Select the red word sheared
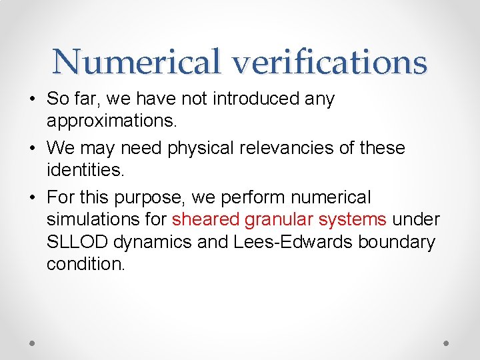click(x=205, y=219)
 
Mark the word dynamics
click(x=151, y=242)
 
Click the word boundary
click(x=398, y=242)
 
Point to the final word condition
click(x=85, y=265)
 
